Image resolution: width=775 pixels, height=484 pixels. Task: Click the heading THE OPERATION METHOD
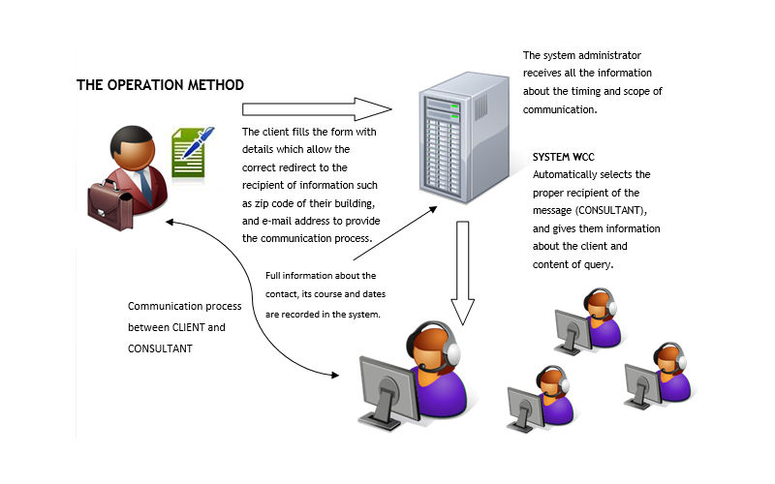[160, 85]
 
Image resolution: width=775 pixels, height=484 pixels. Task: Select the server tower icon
[464, 137]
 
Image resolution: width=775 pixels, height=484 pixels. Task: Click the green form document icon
[188, 153]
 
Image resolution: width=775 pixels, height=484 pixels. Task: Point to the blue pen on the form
[199, 142]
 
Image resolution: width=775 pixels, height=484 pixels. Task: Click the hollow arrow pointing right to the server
[317, 109]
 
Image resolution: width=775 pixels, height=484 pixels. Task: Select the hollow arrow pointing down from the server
[463, 273]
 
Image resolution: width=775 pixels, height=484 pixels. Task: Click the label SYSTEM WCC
[564, 157]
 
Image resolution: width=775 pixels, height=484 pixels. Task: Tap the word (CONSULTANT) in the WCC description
[610, 210]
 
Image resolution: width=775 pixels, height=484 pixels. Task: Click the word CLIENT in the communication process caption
[188, 327]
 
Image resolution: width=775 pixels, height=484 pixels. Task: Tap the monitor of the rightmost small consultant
[642, 385]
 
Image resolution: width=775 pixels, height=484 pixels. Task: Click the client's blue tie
[145, 186]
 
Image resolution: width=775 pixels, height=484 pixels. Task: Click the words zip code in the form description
[276, 203]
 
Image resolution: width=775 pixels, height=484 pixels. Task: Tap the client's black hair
[130, 137]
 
